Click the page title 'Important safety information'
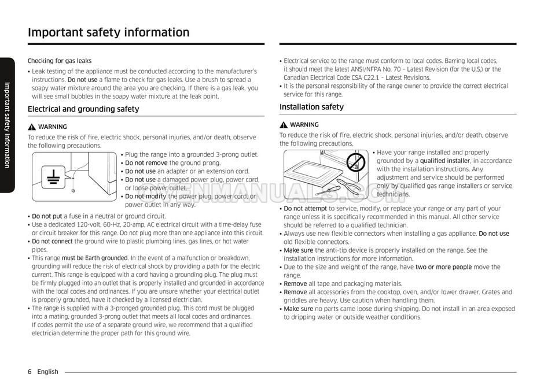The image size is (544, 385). (108, 32)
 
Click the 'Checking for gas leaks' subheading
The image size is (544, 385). (60, 61)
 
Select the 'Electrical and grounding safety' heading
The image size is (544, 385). (83, 109)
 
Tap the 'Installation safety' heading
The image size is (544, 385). (311, 107)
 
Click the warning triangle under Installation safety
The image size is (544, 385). (284, 125)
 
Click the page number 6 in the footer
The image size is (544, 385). (30, 372)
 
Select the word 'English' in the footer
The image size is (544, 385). (47, 372)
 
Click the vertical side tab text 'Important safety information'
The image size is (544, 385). (7, 125)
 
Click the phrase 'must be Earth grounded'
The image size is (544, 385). (94, 258)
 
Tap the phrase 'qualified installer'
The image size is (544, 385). (444, 161)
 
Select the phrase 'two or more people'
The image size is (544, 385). (443, 267)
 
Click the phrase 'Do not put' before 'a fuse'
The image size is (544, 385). (47, 216)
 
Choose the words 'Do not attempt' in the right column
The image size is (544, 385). (305, 209)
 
